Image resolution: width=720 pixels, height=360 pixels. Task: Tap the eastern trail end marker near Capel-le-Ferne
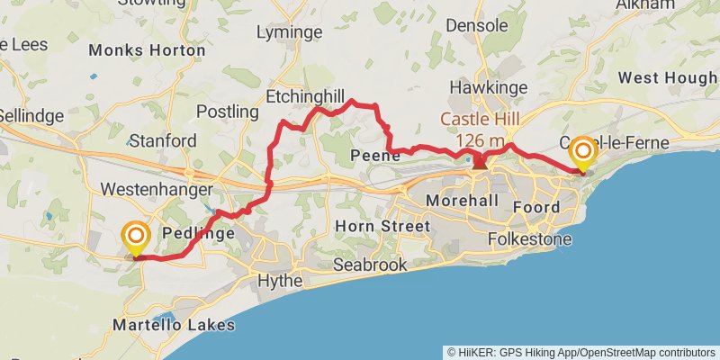point(582,153)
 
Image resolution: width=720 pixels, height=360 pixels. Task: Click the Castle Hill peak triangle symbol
point(480,162)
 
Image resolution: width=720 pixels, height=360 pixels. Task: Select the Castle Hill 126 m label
point(479,130)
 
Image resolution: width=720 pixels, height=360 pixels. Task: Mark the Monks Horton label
point(147,50)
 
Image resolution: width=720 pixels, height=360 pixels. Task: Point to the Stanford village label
point(163,140)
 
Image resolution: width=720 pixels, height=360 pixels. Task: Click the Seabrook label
point(370,265)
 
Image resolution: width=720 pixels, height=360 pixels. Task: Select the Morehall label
point(462,200)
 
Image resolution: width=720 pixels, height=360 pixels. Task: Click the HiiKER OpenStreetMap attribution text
point(581,352)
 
